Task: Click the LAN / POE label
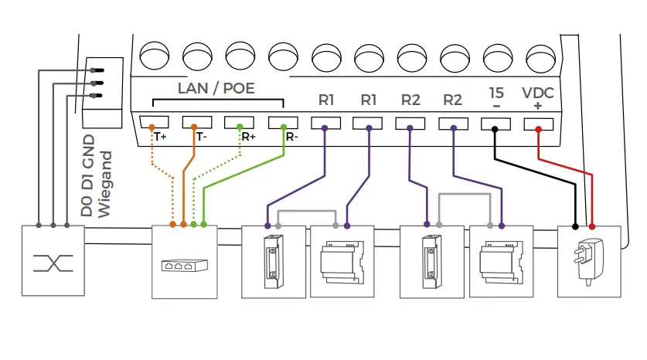click(216, 88)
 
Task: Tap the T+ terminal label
click(160, 137)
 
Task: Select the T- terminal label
click(201, 137)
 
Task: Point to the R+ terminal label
click(248, 137)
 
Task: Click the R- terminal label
click(291, 137)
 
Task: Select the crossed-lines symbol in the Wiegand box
click(52, 263)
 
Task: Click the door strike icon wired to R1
click(273, 260)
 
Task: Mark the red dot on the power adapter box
click(592, 226)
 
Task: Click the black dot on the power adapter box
click(575, 226)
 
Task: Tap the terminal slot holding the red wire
click(538, 123)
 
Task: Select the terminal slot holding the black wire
click(495, 123)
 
